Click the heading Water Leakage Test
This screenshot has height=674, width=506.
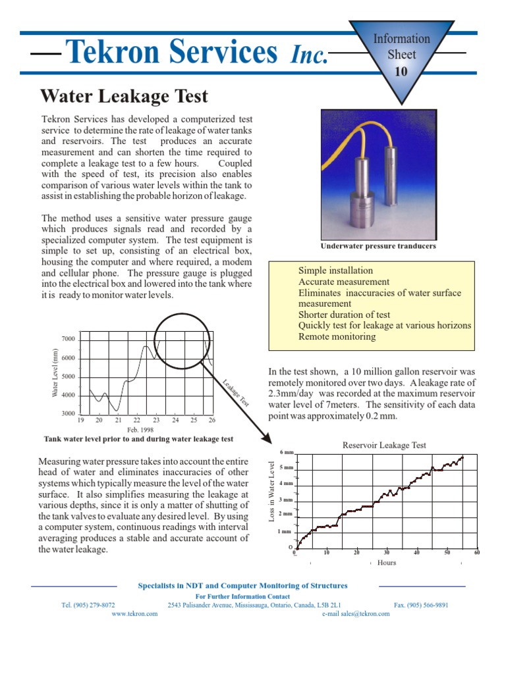(125, 96)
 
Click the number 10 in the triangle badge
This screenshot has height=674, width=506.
(401, 72)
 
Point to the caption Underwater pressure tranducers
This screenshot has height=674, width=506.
(378, 246)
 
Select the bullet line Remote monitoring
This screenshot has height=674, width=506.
(337, 336)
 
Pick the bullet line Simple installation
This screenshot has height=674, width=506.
(335, 271)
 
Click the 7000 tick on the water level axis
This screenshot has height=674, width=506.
(68, 338)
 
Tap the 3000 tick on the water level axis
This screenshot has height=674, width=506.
(68, 414)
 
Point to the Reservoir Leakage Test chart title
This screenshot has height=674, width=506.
(384, 445)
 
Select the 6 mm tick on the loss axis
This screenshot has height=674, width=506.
(286, 452)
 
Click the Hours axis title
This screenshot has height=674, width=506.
(387, 563)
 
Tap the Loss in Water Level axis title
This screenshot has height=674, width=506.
(271, 492)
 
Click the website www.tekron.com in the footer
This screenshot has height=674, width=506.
(134, 613)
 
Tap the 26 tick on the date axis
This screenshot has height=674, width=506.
(212, 420)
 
